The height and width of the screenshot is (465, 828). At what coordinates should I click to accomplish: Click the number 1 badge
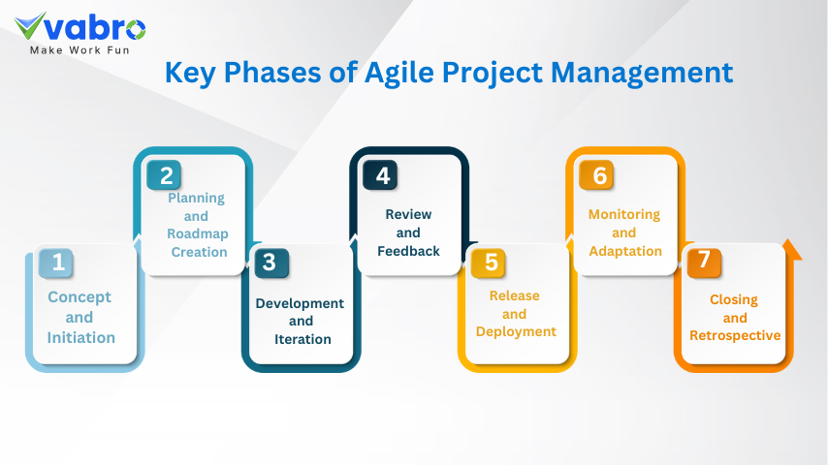[56, 263]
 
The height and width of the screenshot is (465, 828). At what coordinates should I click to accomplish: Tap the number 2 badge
[164, 174]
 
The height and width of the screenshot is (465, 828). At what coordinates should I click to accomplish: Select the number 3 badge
[271, 263]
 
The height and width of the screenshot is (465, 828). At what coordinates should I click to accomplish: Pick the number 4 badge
[380, 174]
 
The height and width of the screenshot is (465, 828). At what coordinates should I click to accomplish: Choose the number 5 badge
[488, 263]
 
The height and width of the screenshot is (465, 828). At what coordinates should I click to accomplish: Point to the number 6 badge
[596, 174]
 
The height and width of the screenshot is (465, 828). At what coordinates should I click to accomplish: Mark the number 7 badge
[704, 263]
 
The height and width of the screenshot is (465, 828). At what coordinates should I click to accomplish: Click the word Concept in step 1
[80, 297]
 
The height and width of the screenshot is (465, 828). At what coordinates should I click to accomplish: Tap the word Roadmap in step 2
[198, 233]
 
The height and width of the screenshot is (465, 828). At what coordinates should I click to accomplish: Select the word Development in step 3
[300, 303]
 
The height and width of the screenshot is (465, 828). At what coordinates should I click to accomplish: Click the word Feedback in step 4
[408, 251]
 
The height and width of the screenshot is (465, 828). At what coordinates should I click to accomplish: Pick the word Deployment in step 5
[516, 332]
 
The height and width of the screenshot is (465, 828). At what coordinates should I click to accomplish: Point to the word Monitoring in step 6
[624, 215]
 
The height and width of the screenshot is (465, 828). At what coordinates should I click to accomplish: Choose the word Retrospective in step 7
[735, 336]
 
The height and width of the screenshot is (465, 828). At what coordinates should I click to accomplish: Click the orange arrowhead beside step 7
[791, 250]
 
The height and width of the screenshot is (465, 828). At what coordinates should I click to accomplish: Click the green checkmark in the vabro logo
[29, 26]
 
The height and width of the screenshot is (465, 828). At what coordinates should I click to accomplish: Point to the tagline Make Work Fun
[80, 50]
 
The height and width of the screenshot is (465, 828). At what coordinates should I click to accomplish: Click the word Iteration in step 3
[303, 339]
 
